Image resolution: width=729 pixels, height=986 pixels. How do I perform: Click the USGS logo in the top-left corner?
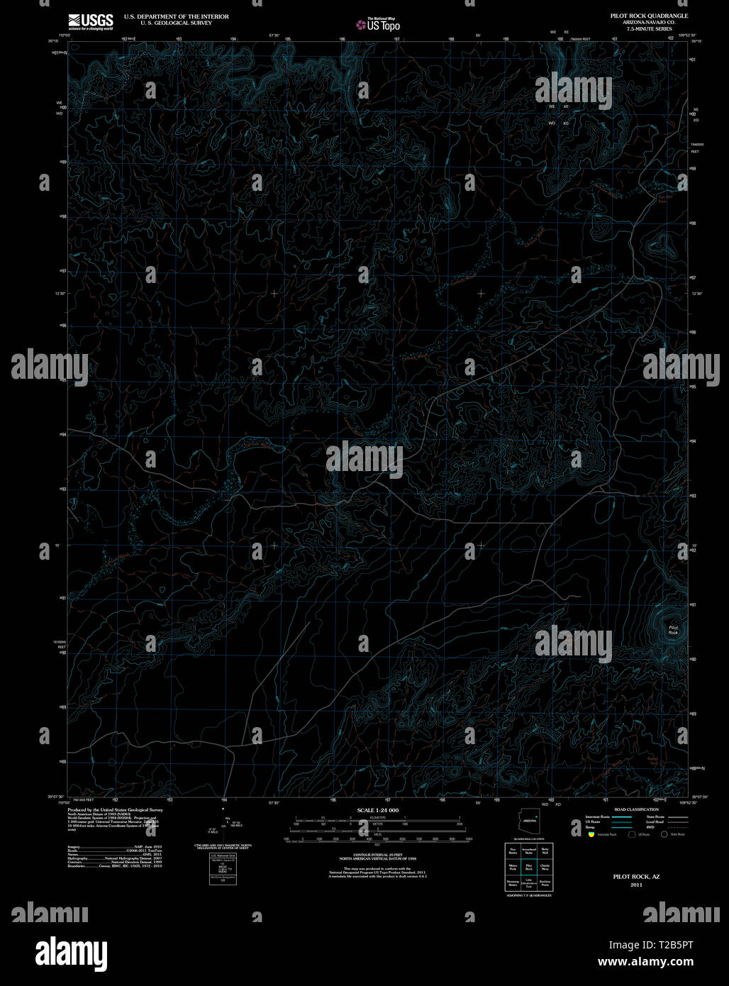click(x=90, y=21)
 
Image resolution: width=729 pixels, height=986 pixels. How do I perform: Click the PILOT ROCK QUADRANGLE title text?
click(x=643, y=15)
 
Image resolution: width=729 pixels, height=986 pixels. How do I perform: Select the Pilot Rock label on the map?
click(x=673, y=629)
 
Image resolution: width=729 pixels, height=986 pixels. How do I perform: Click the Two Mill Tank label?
click(x=663, y=199)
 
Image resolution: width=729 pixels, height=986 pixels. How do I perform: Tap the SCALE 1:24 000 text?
click(x=378, y=810)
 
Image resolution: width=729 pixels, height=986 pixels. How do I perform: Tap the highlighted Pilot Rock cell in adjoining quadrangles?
click(x=529, y=867)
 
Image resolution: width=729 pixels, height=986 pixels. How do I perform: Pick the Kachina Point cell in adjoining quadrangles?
click(x=545, y=884)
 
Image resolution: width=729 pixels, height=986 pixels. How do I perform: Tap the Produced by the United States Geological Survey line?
click(x=115, y=809)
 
